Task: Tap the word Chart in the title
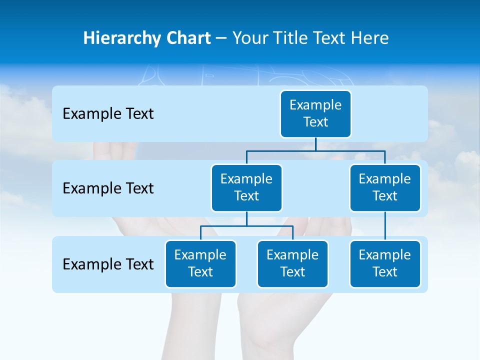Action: click(x=186, y=38)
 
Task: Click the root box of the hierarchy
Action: click(x=315, y=114)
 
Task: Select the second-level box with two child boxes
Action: click(x=246, y=188)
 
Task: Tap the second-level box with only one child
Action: click(x=385, y=188)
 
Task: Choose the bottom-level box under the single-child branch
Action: click(x=385, y=264)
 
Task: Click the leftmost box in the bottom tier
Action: click(x=200, y=264)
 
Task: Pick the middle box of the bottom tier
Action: click(x=292, y=264)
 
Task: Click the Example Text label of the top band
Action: click(x=108, y=114)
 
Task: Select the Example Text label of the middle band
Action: click(x=108, y=188)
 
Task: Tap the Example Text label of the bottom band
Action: click(x=108, y=264)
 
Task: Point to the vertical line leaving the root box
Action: click(x=315, y=144)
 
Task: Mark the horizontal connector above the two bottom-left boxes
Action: click(x=246, y=226)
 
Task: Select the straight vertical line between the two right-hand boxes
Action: click(x=385, y=226)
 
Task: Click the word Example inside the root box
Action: click(x=315, y=105)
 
